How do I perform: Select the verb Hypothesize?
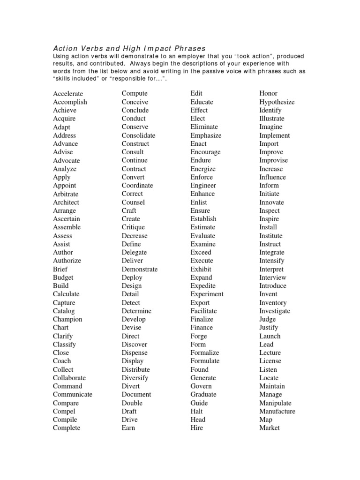[x=277, y=102]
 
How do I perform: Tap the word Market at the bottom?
[x=269, y=428]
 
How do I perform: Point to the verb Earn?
[x=128, y=428]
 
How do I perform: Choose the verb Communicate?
[x=72, y=395]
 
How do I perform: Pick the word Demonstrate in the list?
[x=139, y=270]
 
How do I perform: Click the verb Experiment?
[x=207, y=294]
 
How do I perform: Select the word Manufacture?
[x=277, y=412]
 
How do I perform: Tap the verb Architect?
[x=66, y=202]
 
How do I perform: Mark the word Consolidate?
[x=138, y=135]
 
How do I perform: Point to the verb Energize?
[x=203, y=169]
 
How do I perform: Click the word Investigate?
[x=275, y=311]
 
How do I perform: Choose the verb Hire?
[x=197, y=428]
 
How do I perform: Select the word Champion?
[x=67, y=320]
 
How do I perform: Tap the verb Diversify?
[x=135, y=378]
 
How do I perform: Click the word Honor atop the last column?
[x=268, y=94]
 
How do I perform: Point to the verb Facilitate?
[x=203, y=311]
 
